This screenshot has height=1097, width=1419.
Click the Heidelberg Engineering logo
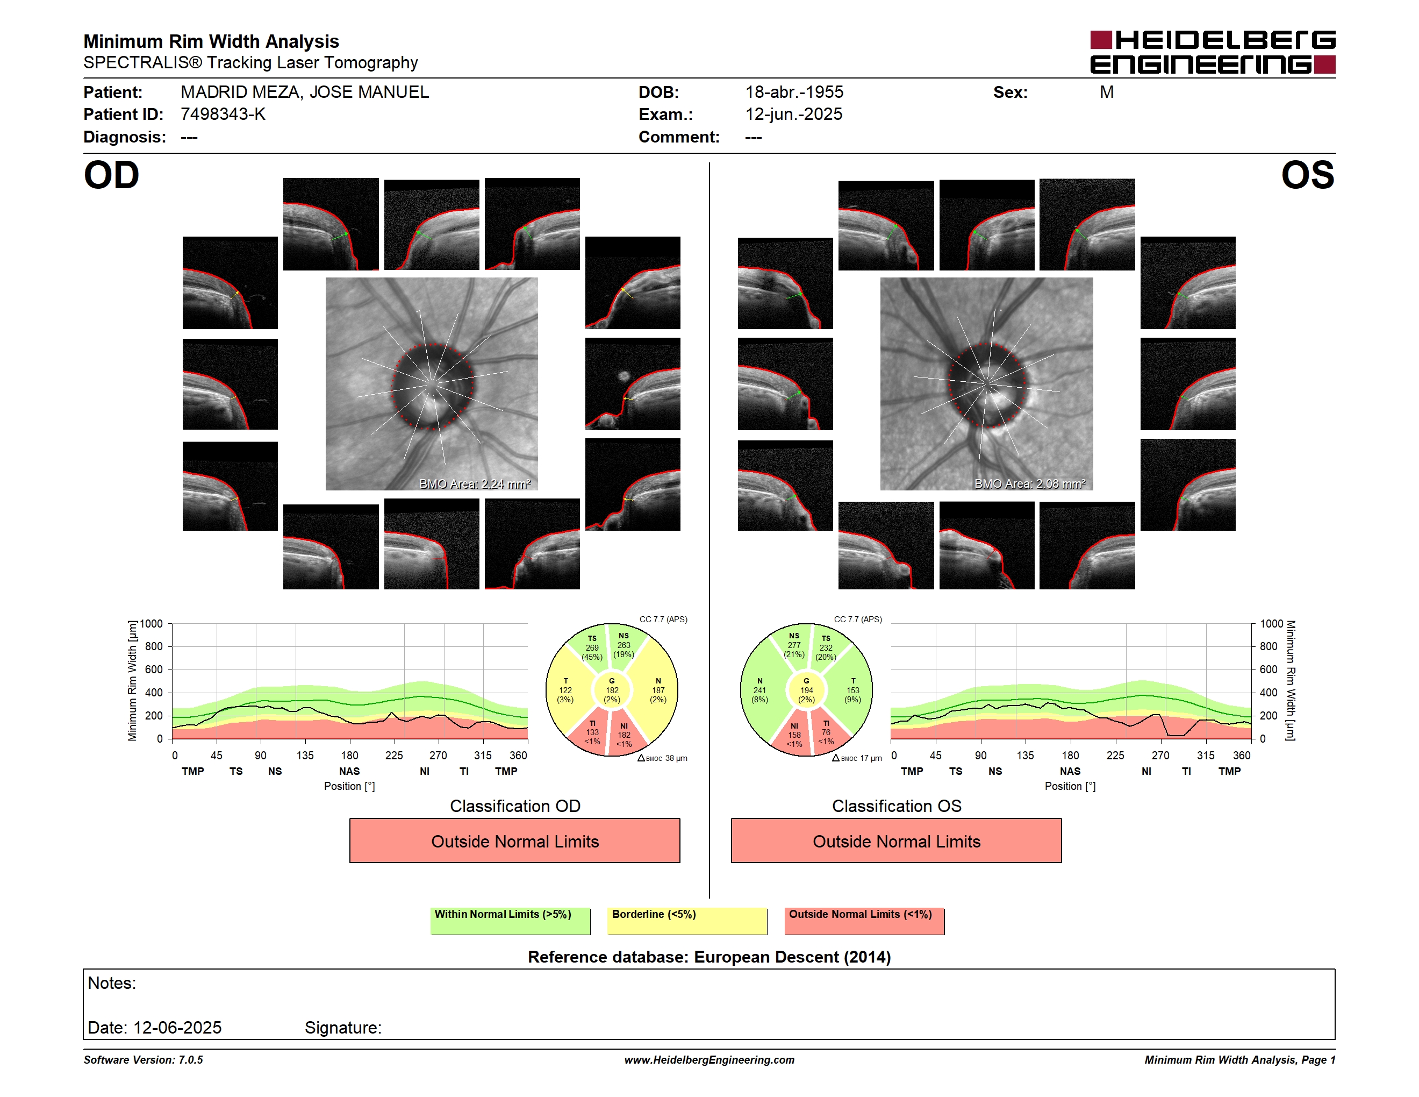1213,52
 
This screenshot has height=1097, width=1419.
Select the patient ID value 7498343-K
223,115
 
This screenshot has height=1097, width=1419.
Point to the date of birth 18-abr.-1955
794,92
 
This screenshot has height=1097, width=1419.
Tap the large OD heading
112,175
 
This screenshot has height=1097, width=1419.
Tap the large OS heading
1307,175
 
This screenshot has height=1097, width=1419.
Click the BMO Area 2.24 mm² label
475,483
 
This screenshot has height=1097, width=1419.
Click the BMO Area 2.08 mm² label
1030,483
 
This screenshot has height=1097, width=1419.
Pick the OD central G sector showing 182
611,690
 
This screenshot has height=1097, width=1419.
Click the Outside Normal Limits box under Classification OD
514,840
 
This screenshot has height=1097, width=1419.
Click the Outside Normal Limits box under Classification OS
896,840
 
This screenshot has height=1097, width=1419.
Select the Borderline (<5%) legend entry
687,921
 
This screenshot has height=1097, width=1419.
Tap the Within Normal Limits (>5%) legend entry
510,921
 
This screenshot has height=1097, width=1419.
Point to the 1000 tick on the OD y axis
150,624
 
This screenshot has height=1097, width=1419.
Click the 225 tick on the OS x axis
1115,755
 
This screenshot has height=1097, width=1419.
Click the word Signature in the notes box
343,1028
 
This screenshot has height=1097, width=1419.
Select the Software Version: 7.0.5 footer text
143,1060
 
